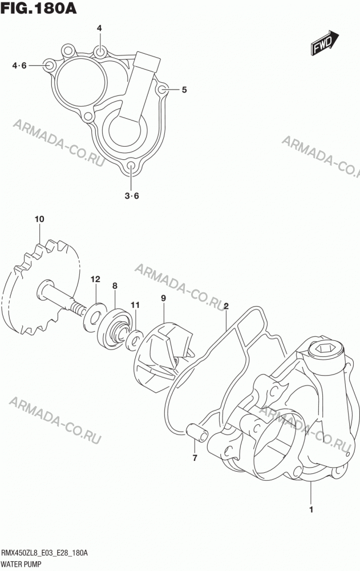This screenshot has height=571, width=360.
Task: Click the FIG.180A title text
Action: (39, 8)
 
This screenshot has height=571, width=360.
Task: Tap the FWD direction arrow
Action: (325, 43)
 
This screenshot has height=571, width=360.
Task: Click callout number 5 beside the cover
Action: (184, 90)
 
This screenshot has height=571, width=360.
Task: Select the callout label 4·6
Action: (19, 66)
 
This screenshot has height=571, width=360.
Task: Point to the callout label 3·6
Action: (132, 196)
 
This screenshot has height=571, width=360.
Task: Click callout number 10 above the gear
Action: (39, 219)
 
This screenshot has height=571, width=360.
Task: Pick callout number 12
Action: (95, 280)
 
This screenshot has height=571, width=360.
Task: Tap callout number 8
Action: (115, 286)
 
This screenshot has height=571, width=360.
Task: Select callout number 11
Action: (135, 305)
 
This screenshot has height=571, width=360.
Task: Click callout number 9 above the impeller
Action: (163, 298)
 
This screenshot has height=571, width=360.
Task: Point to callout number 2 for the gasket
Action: (226, 306)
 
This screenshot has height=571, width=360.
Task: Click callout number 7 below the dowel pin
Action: (195, 458)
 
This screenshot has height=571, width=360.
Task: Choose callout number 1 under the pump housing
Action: (312, 510)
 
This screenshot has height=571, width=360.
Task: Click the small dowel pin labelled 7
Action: (197, 432)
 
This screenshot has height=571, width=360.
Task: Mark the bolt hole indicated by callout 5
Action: (162, 90)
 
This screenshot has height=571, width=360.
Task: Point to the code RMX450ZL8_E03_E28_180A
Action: (45, 553)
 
